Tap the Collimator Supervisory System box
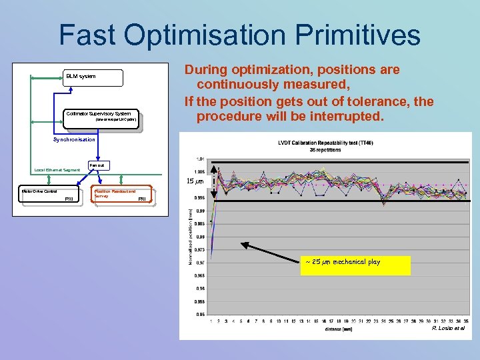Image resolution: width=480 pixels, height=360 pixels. click(103, 117)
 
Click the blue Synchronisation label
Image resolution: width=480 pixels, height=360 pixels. click(74, 139)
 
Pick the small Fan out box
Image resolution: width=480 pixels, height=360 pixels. click(96, 165)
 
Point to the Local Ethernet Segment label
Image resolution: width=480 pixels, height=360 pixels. click(57, 170)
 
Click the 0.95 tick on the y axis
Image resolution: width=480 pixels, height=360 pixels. click(199, 313)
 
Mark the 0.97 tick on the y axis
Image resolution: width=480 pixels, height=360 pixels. click(199, 263)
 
